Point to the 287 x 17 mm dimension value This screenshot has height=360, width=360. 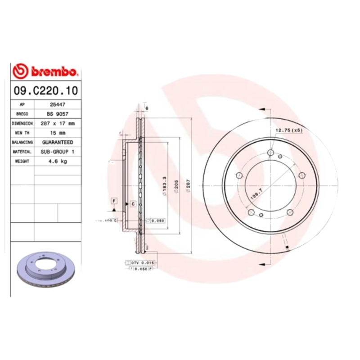(x=58, y=123)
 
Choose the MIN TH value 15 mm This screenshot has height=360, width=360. (x=57, y=133)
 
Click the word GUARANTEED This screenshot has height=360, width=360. (x=57, y=142)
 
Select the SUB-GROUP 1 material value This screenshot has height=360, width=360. (x=58, y=152)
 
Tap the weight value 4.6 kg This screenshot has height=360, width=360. (x=57, y=161)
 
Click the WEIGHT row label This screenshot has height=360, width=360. (x=22, y=161)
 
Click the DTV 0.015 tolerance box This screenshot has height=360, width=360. (x=142, y=262)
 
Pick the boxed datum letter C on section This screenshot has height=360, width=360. (x=133, y=204)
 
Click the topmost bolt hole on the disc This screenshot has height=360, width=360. (x=270, y=153)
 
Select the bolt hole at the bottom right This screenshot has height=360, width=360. (x=290, y=212)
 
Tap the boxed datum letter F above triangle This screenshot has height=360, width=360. (x=114, y=200)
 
